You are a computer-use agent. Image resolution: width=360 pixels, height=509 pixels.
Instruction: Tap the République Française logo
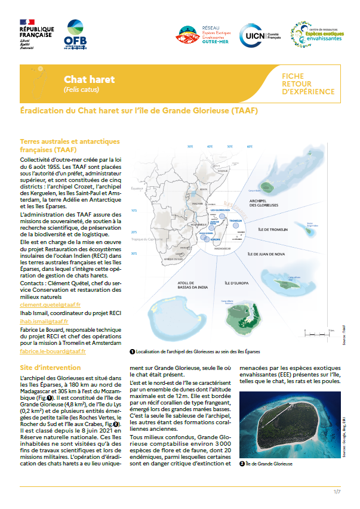point(36,33)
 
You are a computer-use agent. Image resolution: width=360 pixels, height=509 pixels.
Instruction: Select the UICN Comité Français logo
point(258,35)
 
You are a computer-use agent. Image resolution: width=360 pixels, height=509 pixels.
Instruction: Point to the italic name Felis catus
point(81,90)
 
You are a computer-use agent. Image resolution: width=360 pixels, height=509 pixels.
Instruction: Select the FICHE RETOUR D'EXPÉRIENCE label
point(303,84)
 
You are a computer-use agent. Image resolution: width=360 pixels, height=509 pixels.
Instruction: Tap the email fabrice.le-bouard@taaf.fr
point(53,351)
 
